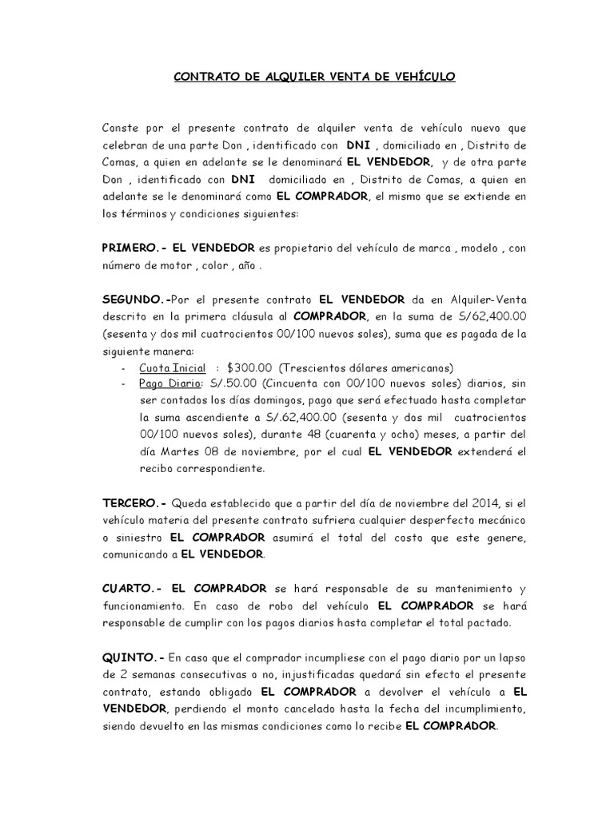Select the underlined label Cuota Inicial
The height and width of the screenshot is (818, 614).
coord(172,368)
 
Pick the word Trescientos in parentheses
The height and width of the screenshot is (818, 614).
coord(318,368)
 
